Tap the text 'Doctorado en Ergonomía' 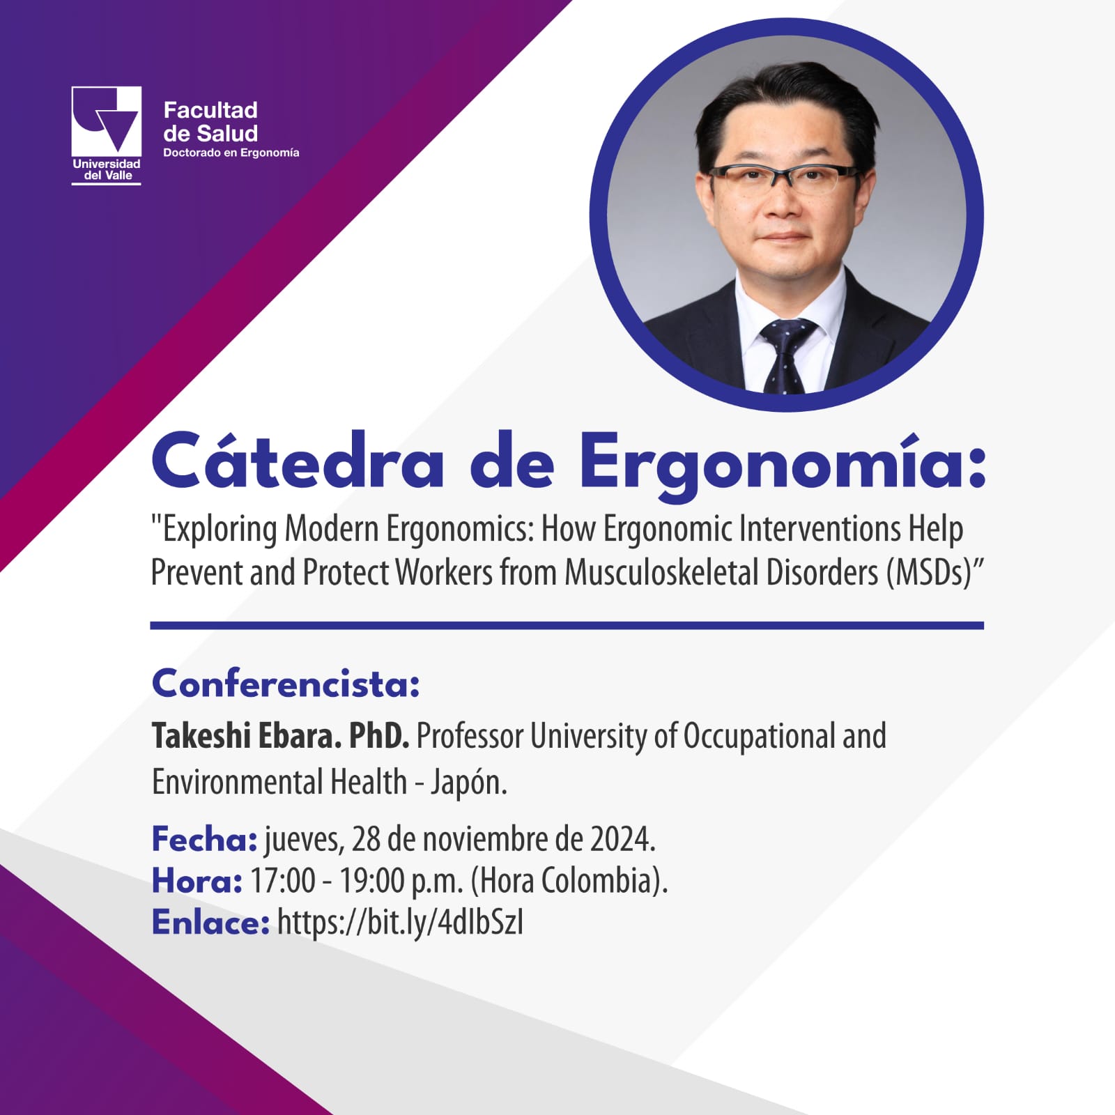coord(231,153)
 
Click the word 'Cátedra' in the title coord(298,461)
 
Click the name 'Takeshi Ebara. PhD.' coord(280,736)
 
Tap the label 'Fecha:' coord(205,839)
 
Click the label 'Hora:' coord(197,881)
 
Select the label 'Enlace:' coord(210,923)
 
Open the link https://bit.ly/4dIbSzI coord(400,923)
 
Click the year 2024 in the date coord(623,839)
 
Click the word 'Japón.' coord(468,783)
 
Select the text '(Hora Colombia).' coord(569,882)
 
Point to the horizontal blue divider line coord(567,625)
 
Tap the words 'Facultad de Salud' coord(210,121)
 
